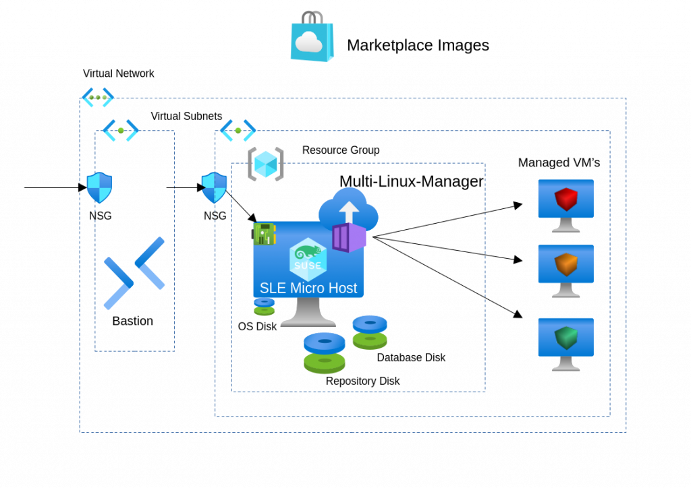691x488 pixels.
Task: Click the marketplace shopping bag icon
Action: (x=312, y=39)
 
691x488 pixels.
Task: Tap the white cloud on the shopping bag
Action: (x=309, y=42)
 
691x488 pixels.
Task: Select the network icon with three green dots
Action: (x=98, y=97)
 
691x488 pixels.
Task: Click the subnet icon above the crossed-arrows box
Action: (x=121, y=130)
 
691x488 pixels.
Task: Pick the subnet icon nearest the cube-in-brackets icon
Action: (x=238, y=130)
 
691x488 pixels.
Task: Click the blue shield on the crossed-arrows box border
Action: (x=99, y=187)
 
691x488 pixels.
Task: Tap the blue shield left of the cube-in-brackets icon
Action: (x=215, y=187)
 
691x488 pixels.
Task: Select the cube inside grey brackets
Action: (x=265, y=164)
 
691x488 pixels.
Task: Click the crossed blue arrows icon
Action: (x=134, y=273)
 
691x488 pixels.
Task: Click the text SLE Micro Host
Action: (x=308, y=288)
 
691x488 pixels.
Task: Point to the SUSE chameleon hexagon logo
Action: (x=308, y=259)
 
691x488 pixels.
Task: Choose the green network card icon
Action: (x=264, y=234)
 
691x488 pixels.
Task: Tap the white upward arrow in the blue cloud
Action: (x=349, y=210)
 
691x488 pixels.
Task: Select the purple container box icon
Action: (x=349, y=237)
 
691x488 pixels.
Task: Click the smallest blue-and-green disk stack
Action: (x=264, y=306)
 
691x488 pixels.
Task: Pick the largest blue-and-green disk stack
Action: (x=324, y=353)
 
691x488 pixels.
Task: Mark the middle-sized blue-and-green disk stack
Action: (x=370, y=332)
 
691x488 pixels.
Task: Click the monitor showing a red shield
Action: (x=565, y=205)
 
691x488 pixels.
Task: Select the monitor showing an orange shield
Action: (x=565, y=270)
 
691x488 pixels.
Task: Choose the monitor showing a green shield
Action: (x=565, y=343)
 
